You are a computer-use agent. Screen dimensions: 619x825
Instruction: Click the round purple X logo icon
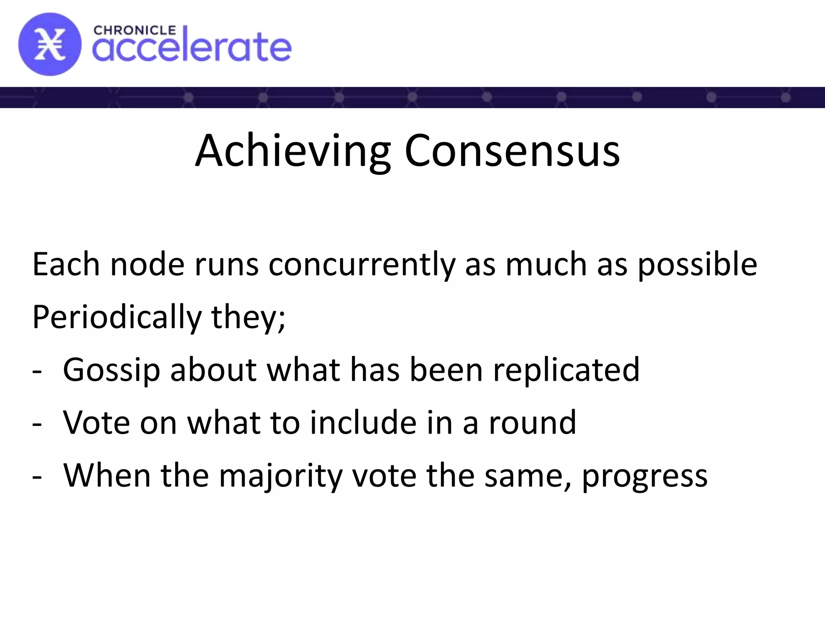(50, 44)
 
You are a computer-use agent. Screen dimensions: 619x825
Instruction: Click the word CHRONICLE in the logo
(135, 31)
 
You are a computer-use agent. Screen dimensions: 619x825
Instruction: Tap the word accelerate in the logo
(192, 48)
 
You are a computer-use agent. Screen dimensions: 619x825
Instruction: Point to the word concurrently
(361, 265)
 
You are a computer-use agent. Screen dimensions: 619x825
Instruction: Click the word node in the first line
(147, 265)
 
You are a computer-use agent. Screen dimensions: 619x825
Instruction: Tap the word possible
(697, 265)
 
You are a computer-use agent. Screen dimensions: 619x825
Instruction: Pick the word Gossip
(112, 370)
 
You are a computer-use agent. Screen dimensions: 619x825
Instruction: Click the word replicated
(566, 370)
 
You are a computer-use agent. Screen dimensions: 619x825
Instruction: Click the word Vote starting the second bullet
(97, 423)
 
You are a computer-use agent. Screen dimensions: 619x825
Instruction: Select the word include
(363, 423)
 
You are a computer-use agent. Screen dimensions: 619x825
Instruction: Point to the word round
(533, 423)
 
